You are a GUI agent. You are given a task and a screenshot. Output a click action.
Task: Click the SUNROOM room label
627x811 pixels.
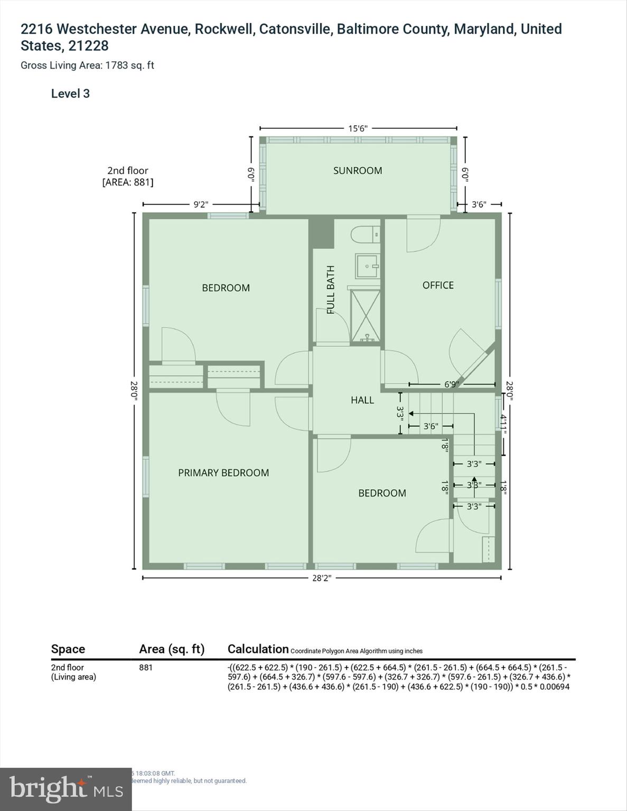point(357,171)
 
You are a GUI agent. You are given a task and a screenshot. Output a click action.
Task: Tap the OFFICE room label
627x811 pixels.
point(438,285)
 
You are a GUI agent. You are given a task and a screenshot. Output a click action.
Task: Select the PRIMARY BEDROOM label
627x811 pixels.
point(223,473)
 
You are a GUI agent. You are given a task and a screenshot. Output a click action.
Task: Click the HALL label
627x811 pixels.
point(362,400)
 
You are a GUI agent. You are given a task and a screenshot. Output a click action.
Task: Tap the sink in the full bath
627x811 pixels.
point(367,266)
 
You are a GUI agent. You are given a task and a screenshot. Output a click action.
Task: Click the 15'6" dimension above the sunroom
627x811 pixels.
point(358,128)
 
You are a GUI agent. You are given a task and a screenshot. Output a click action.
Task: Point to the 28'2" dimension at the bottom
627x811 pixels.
point(321,578)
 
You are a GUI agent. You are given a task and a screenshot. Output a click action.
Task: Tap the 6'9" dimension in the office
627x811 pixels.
point(452,384)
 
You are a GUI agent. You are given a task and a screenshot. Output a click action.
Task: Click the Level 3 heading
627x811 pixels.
point(70,93)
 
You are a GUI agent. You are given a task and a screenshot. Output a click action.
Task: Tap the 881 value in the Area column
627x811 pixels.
point(146,667)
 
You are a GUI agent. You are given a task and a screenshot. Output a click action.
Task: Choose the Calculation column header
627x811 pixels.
point(258,649)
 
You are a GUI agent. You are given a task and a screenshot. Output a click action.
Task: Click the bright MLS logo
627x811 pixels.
point(65,789)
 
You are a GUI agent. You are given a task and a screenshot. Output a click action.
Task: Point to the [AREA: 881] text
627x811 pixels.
point(128,182)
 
